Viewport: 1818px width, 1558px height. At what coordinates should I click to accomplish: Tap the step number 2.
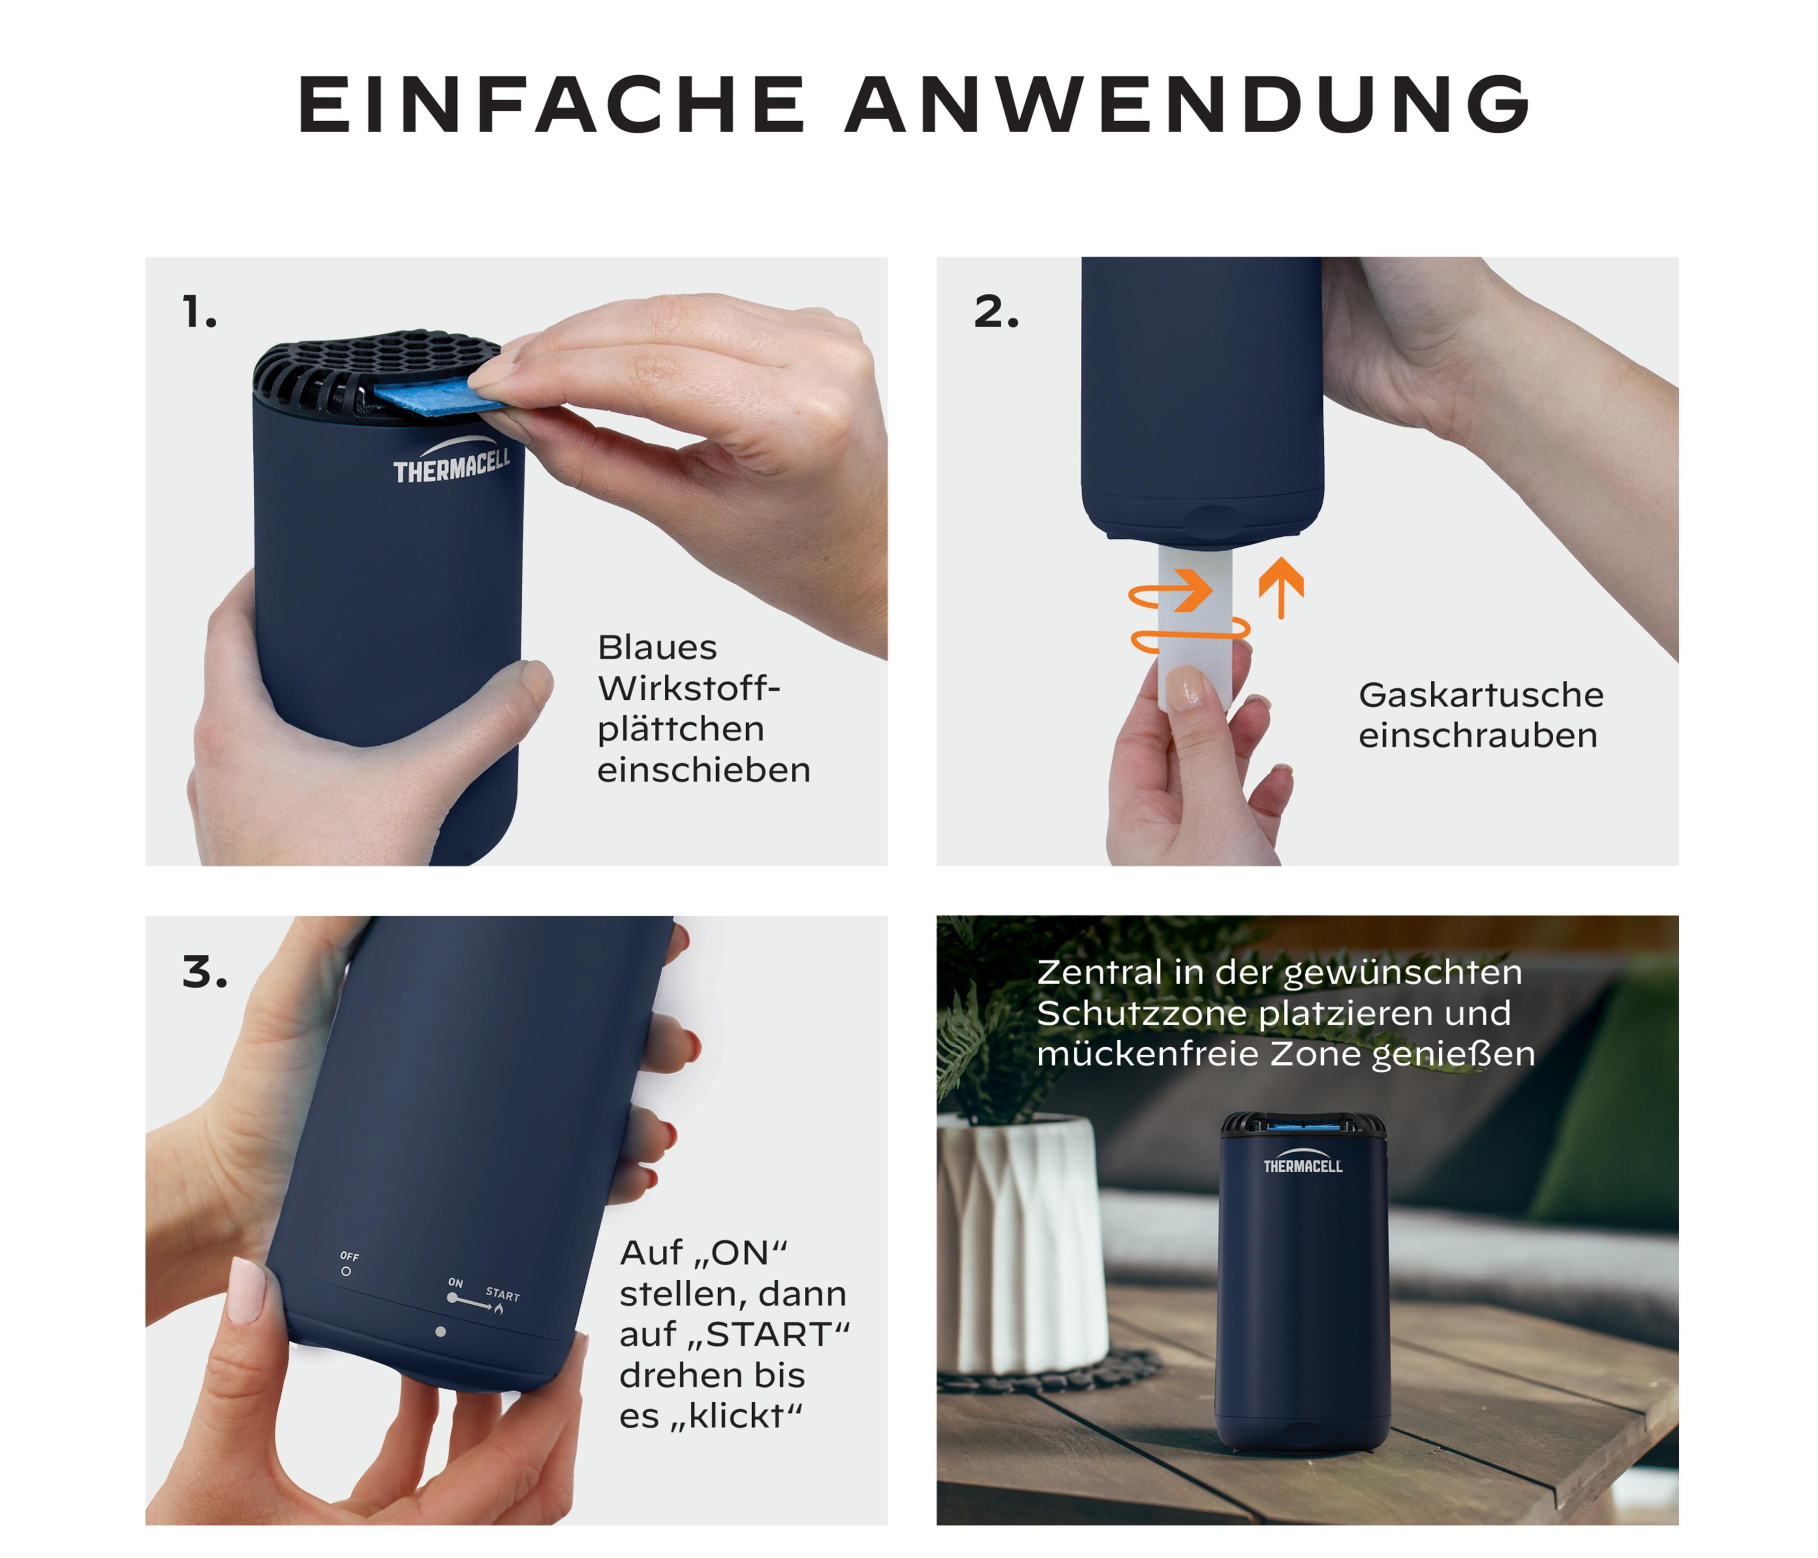tap(996, 312)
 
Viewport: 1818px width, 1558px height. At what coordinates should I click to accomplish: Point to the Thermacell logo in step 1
tap(451, 461)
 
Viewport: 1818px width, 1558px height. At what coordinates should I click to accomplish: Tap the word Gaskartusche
tap(1481, 695)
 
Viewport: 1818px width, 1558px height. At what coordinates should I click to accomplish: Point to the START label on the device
tap(503, 1295)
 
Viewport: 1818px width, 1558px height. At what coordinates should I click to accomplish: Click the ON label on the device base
tap(455, 1282)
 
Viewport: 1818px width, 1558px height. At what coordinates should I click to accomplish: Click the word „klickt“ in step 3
tap(737, 1416)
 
